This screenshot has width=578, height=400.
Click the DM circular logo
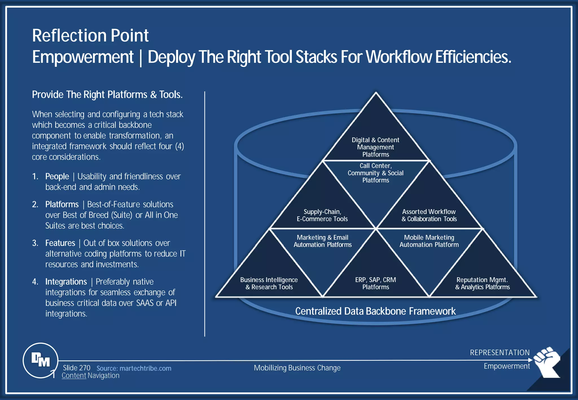[40, 360]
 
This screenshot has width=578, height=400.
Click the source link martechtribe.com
[134, 368]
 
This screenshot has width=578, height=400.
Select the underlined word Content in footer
[74, 376]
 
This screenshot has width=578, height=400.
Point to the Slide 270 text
[76, 368]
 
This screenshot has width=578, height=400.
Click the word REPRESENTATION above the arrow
[500, 353]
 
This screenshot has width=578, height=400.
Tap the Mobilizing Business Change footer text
[297, 368]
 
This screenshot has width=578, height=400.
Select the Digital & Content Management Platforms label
[375, 147]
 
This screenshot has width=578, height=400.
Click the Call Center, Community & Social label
[375, 173]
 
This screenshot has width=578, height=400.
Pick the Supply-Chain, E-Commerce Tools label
[322, 215]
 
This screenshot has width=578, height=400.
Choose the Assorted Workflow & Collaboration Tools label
[429, 215]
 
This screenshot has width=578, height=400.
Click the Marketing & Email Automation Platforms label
[322, 241]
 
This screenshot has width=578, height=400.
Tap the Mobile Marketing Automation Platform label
[429, 241]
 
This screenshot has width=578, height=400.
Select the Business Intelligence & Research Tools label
[269, 283]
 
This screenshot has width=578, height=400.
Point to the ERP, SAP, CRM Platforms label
[375, 283]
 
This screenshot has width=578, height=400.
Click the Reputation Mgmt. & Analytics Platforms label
[482, 283]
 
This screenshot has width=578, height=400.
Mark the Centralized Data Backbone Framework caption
[375, 311]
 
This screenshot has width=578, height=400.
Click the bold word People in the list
[57, 177]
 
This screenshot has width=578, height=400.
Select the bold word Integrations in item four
[66, 282]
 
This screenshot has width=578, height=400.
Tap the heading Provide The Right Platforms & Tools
[107, 94]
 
